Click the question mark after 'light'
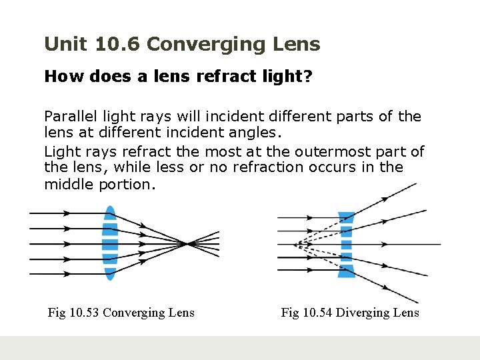pyautogui.click(x=307, y=77)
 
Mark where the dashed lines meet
pyautogui.click(x=294, y=245)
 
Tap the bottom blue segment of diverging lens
pyautogui.click(x=346, y=271)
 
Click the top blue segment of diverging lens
pyautogui.click(x=346, y=217)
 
